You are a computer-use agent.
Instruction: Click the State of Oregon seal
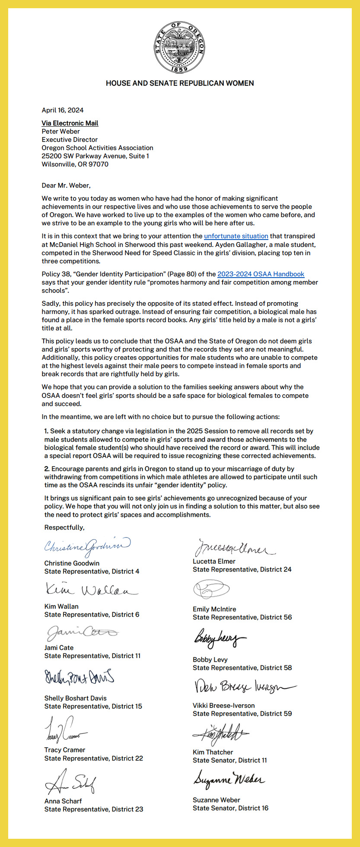179,47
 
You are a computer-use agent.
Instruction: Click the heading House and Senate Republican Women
180,83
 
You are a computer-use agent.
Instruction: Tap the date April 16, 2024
63,110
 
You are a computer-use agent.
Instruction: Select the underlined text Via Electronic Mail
70,123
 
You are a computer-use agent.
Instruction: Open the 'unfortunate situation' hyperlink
236,236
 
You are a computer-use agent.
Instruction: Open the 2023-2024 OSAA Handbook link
261,274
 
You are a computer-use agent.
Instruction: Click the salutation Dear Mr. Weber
66,185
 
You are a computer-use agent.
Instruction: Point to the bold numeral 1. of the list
47,431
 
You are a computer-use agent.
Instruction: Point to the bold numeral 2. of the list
47,469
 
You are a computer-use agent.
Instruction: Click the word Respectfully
64,527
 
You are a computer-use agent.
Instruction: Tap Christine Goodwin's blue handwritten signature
87,547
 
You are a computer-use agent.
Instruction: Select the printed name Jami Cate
59,648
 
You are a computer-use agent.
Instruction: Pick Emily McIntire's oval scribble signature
211,589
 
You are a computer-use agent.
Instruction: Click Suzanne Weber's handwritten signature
229,779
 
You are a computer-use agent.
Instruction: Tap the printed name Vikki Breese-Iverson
223,706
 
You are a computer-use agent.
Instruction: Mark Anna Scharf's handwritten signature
70,782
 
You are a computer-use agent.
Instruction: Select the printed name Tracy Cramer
65,750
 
